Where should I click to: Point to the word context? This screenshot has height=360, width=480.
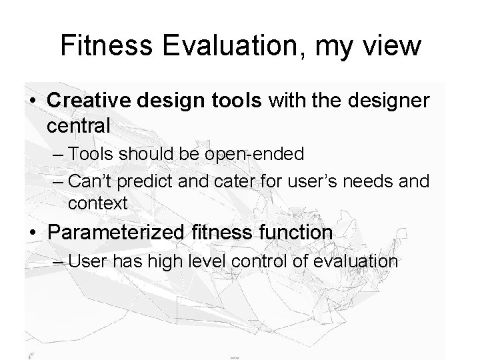pos(97,203)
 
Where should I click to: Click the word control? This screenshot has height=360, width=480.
pos(260,261)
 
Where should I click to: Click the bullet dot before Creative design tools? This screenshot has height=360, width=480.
pos(33,101)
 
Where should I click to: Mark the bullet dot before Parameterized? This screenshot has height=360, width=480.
pos(33,233)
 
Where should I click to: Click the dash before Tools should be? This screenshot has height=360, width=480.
pos(57,155)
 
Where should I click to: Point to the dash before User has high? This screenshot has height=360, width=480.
pos(57,261)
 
